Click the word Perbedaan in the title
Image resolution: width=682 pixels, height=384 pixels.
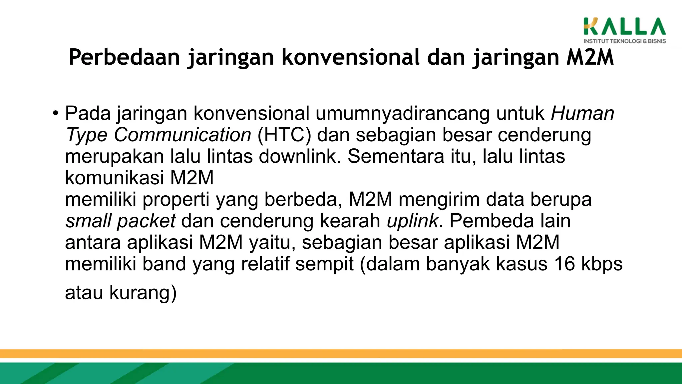click(x=124, y=57)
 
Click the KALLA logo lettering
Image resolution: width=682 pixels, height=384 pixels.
click(x=624, y=27)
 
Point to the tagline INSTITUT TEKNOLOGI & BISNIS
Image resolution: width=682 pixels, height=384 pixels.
click(x=624, y=41)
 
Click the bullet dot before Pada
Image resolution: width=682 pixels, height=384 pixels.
click(x=55, y=113)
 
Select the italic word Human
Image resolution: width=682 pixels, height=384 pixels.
click(x=582, y=113)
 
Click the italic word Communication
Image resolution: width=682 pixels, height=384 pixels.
click(x=182, y=135)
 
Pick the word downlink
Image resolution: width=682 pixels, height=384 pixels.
click(x=300, y=156)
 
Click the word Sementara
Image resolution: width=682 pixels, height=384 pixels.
click(x=396, y=156)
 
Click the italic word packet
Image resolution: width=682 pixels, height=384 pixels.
click(x=146, y=221)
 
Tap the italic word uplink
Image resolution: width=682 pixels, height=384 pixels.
click(x=412, y=221)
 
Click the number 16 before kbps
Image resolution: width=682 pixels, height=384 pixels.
click(x=564, y=264)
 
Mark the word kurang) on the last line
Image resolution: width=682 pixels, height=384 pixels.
click(x=143, y=293)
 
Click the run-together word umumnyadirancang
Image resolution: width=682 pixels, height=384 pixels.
click(x=403, y=114)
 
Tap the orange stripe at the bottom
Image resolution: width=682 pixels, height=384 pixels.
click(x=341, y=353)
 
